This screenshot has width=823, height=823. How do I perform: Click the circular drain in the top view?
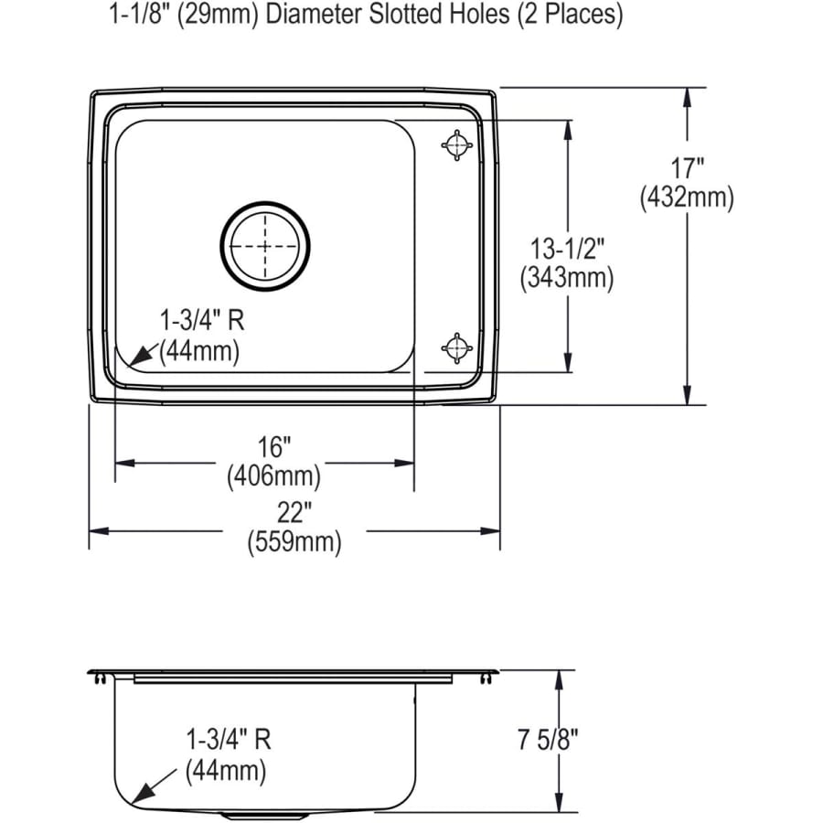pos(265,246)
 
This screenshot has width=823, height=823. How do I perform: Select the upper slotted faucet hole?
pos(456,144)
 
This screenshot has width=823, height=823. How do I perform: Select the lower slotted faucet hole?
pos(456,347)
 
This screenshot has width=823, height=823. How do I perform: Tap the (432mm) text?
pos(687,197)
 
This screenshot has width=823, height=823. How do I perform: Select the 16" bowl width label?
pos(273,448)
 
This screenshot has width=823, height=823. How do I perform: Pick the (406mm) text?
pos(273,476)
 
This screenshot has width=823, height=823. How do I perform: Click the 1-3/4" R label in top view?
pos(202,320)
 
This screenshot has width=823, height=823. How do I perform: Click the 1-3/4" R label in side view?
pos(229,737)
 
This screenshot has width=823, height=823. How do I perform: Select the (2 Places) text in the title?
pos(573,16)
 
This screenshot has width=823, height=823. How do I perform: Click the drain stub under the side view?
pos(242,813)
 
